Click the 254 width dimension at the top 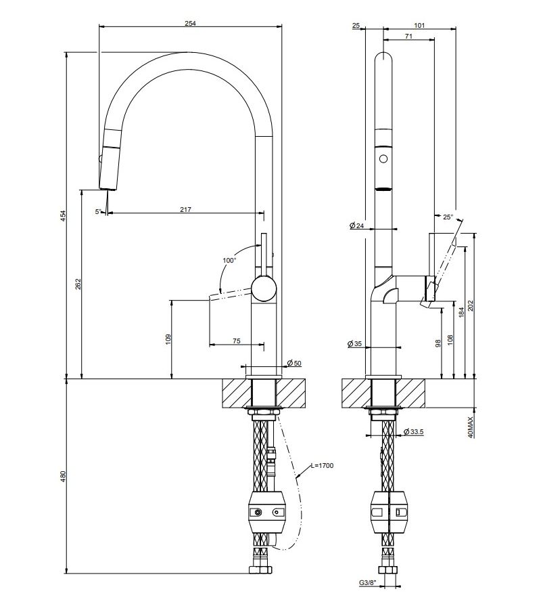coord(190,23)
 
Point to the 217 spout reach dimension coord(185,209)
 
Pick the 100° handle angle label coord(229,260)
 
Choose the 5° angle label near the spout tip coord(99,211)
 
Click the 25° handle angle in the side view coord(447,217)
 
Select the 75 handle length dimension coord(237,341)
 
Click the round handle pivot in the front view coord(264,290)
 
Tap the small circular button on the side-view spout coord(383,159)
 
